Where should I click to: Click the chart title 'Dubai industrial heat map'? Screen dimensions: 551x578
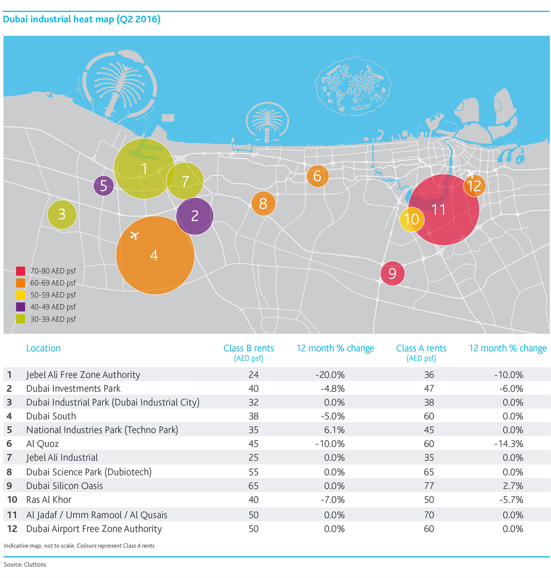tap(58, 19)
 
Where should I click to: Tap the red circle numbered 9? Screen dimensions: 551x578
tap(392, 273)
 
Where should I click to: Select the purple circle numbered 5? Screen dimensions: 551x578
tap(104, 185)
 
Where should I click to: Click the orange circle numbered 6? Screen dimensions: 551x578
tap(317, 176)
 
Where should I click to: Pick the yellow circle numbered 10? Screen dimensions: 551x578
tap(411, 219)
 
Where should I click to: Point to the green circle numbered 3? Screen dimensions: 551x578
tap(62, 214)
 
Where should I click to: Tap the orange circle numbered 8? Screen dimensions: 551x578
tap(263, 203)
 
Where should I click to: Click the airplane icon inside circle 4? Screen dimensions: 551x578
tap(135, 235)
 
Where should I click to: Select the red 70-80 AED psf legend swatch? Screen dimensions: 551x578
tap(20, 270)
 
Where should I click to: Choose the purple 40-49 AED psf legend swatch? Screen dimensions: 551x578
tap(20, 307)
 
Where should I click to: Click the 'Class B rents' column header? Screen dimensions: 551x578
tap(248, 348)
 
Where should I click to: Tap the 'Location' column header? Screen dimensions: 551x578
tap(43, 348)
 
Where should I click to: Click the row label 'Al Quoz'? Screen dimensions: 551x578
tap(43, 443)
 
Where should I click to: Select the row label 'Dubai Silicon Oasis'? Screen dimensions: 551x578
tap(65, 486)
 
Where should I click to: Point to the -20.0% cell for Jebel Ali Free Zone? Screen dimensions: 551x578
tap(329, 375)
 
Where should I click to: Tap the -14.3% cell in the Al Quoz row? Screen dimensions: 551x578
tap(508, 444)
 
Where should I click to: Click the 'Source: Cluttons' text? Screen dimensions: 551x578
tap(25, 564)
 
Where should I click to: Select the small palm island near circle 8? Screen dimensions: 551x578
tap(267, 122)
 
